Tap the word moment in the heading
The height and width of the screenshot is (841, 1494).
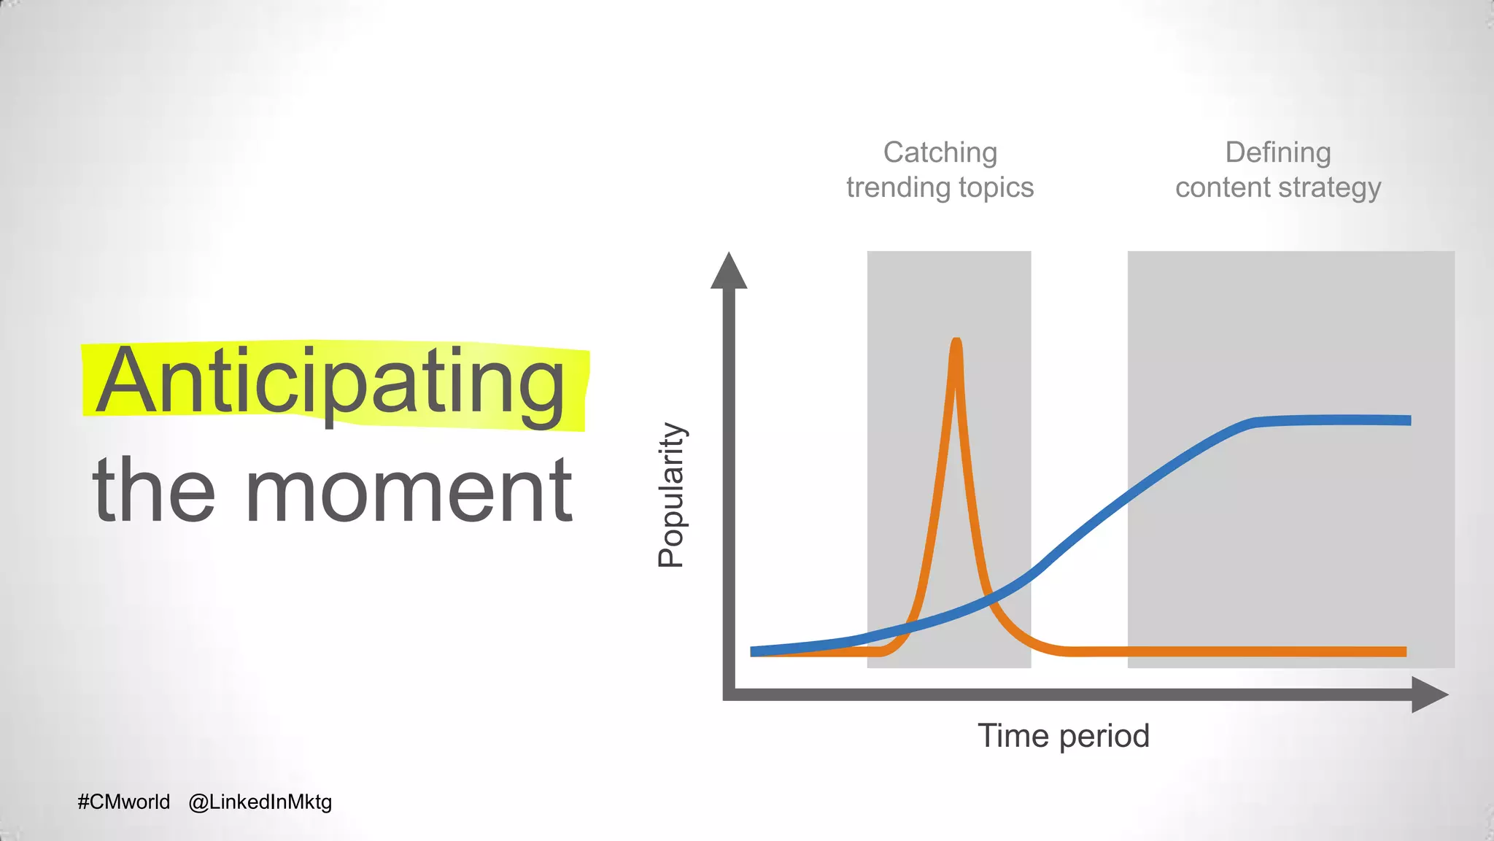[x=409, y=490]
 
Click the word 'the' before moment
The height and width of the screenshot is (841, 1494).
[x=154, y=490]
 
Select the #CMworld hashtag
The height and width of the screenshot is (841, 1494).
[x=123, y=802]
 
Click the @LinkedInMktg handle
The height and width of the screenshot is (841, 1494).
[x=260, y=802]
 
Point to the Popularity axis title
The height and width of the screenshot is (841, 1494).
[x=670, y=495]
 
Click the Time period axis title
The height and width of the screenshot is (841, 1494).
[x=1063, y=735]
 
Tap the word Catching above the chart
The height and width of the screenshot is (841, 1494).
[x=940, y=152]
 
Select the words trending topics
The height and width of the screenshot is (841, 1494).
[x=940, y=187]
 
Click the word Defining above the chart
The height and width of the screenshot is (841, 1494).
[x=1277, y=152]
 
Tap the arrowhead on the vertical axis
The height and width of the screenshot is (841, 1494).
[x=729, y=271]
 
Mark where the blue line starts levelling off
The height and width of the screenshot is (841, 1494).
[x=1251, y=423]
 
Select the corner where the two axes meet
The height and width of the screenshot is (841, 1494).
[x=729, y=694]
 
